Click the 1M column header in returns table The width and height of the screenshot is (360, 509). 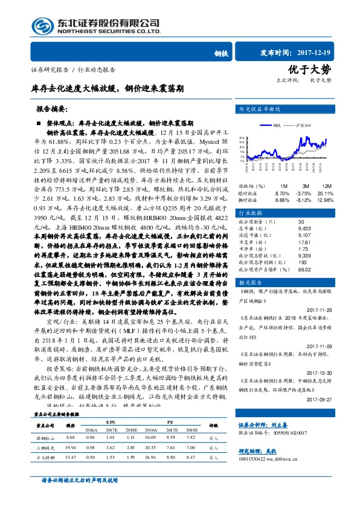click(284, 186)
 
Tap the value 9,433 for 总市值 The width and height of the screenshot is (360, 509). click(288, 229)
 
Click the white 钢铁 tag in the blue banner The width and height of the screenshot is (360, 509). click(220, 54)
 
